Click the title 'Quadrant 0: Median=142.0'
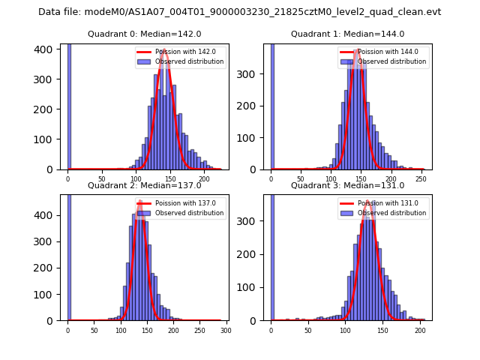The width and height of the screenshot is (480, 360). click(144, 34)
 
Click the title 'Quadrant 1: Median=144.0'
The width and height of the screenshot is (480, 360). click(347, 34)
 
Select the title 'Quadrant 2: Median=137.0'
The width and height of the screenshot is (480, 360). click(144, 185)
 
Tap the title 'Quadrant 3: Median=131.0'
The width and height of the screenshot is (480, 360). click(347, 185)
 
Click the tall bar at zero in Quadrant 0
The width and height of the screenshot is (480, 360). click(69, 105)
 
